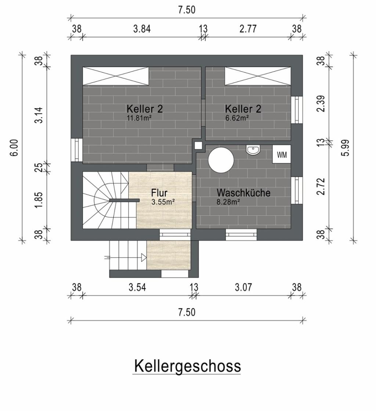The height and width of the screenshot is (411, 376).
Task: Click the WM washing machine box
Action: point(281,154)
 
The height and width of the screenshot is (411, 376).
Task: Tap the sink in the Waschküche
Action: point(253,150)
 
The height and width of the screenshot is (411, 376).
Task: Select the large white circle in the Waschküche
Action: point(221,160)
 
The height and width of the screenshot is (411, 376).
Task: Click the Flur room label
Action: point(159,193)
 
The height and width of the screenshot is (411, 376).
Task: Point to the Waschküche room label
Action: point(243,193)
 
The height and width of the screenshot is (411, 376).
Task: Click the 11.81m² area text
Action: point(139,118)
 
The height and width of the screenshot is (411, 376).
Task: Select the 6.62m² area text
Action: point(237,118)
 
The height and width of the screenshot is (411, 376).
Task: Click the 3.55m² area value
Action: point(163,202)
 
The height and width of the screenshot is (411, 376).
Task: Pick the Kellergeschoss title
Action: point(187,366)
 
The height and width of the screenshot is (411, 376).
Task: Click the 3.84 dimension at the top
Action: point(142,29)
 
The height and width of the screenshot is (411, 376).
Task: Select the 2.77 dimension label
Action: point(248,29)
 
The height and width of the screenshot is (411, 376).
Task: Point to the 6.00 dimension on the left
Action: point(14,147)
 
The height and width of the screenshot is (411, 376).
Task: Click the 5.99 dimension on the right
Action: point(346,148)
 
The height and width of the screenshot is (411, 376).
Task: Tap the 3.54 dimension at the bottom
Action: point(137,287)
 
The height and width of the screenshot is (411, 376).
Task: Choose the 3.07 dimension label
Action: point(243,287)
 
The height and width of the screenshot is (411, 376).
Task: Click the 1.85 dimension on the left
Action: point(38,200)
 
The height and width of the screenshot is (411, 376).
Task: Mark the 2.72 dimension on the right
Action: point(321,187)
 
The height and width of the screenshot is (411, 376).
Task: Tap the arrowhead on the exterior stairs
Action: point(144,257)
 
